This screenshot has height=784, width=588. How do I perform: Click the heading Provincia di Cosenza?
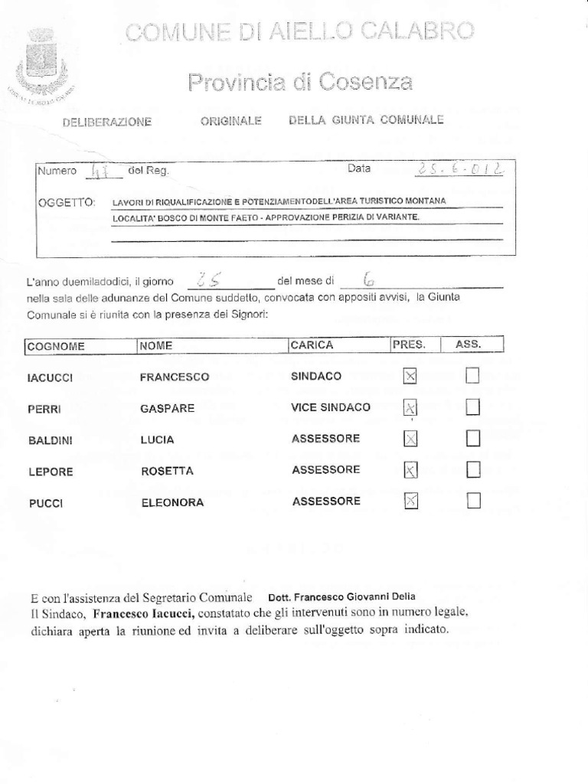click(x=301, y=81)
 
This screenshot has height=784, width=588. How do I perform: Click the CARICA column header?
click(x=312, y=345)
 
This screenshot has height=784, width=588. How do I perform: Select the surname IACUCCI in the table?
click(x=50, y=377)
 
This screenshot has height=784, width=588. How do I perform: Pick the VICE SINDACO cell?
click(x=331, y=407)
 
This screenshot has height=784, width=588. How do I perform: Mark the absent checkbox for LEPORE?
click(x=473, y=469)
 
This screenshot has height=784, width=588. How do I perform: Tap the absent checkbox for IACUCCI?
click(x=473, y=375)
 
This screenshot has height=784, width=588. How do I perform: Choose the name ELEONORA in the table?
click(x=171, y=503)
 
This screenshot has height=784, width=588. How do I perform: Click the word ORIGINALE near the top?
click(x=231, y=121)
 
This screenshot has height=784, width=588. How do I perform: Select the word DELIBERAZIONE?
click(x=107, y=122)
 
